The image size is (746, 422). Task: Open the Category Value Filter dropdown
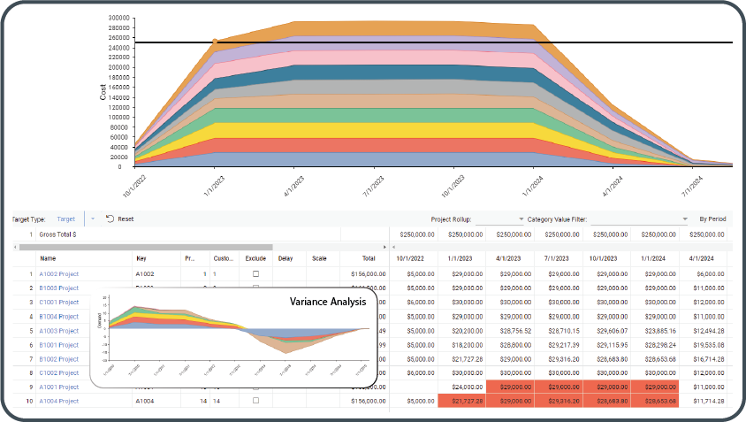click(x=685, y=219)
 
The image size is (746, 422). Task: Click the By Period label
click(x=712, y=219)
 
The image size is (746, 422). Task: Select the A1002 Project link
click(x=59, y=274)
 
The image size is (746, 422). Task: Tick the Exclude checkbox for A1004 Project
click(x=255, y=401)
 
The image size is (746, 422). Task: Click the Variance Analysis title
click(x=328, y=302)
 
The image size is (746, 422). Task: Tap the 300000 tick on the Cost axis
click(x=117, y=18)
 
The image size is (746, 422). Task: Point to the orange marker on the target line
click(x=215, y=42)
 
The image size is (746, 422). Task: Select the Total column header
click(x=369, y=258)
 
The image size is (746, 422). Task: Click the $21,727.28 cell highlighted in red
click(x=461, y=401)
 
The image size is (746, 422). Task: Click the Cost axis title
click(x=103, y=92)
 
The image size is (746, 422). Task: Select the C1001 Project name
click(x=59, y=302)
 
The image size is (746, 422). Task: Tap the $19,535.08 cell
click(x=705, y=344)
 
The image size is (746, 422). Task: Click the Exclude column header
click(x=255, y=258)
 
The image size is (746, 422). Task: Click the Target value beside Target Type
click(x=66, y=219)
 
